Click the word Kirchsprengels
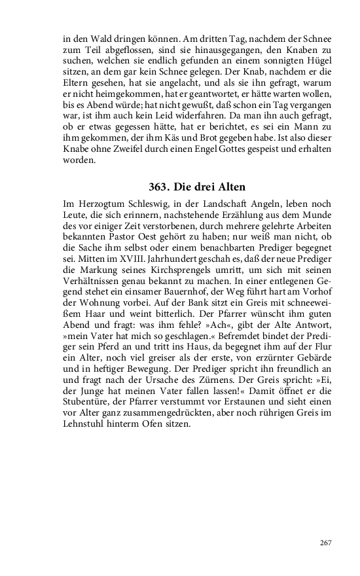(187, 264)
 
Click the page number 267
(327, 542)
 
